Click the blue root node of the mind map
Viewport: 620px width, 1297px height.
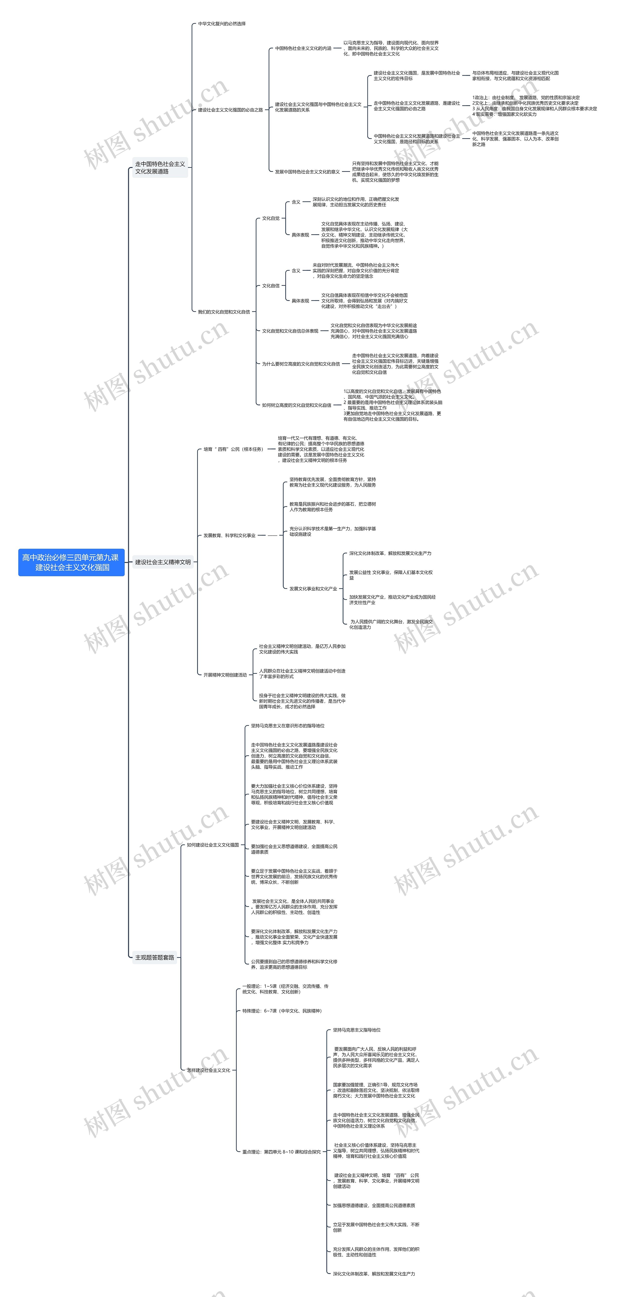(71, 562)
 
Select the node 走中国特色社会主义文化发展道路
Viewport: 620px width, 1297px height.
(160, 168)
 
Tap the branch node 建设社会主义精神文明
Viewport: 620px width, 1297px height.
(163, 562)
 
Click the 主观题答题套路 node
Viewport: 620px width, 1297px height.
(155, 957)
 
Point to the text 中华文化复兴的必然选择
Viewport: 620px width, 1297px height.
(222, 24)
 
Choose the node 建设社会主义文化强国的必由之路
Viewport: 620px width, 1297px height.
(230, 110)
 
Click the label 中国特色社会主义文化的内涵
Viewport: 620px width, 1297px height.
(303, 48)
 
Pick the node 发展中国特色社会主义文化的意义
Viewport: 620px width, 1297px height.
(307, 172)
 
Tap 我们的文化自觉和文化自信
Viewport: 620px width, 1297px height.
(224, 312)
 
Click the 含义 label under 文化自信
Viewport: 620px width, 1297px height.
(296, 270)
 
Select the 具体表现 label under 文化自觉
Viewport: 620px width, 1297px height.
(300, 235)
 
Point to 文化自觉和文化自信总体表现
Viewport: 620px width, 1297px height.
(290, 331)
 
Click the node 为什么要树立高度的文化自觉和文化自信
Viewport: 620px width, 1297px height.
(301, 364)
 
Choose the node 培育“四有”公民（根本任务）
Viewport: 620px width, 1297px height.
(233, 449)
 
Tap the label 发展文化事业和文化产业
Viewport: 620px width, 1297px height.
(313, 588)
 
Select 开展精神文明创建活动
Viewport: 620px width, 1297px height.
(225, 675)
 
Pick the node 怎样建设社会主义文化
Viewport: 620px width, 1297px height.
(209, 1070)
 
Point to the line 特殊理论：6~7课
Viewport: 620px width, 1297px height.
(282, 1010)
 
